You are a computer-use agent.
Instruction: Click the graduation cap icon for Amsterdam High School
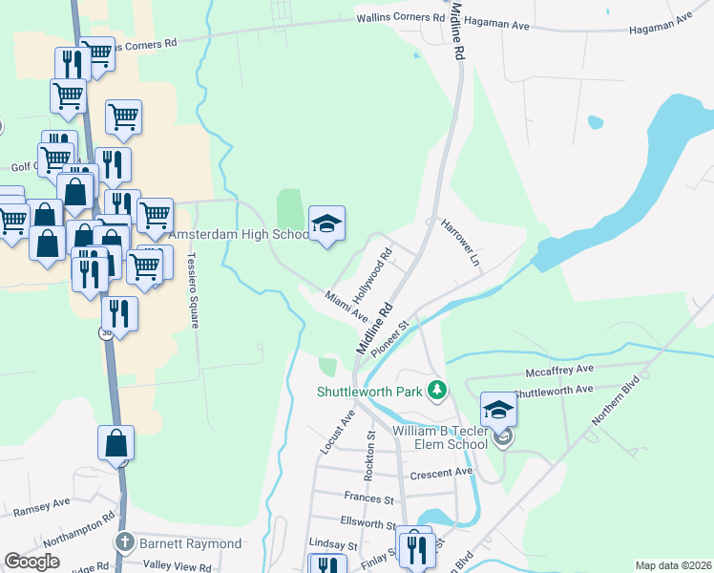[326, 224]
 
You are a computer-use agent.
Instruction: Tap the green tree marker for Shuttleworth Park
[437, 390]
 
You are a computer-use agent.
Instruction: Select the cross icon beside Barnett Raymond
[123, 543]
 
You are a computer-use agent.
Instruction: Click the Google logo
[31, 562]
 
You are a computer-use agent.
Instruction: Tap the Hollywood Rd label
[374, 275]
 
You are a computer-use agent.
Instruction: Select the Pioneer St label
[389, 339]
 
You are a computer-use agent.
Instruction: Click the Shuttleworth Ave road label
[553, 391]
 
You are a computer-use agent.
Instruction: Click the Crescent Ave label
[440, 473]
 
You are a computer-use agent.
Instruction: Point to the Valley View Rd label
[177, 564]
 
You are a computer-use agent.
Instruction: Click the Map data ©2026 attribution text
[672, 565]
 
